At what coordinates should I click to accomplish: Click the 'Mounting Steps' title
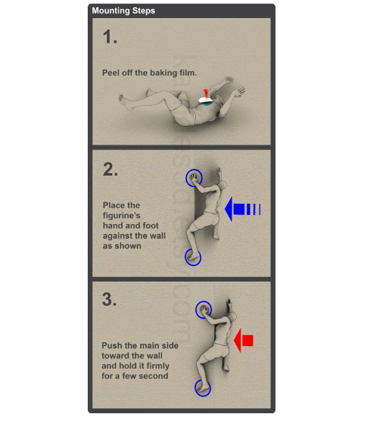pyautogui.click(x=123, y=11)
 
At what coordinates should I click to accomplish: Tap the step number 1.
pyautogui.click(x=110, y=37)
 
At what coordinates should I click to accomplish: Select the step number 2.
pyautogui.click(x=110, y=169)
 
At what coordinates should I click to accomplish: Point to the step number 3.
pyautogui.click(x=110, y=299)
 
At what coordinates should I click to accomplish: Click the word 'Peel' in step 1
pyautogui.click(x=111, y=73)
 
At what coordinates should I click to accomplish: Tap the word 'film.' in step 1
pyautogui.click(x=188, y=73)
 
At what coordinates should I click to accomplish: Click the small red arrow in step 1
pyautogui.click(x=206, y=94)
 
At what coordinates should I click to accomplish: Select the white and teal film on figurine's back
pyautogui.click(x=206, y=101)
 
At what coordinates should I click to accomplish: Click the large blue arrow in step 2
pyautogui.click(x=243, y=209)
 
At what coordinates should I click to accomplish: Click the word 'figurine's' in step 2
pyautogui.click(x=121, y=216)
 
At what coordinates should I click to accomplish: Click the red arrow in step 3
pyautogui.click(x=243, y=340)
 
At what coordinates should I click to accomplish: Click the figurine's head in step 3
pyautogui.click(x=232, y=317)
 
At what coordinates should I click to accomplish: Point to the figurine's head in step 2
pyautogui.click(x=223, y=185)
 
